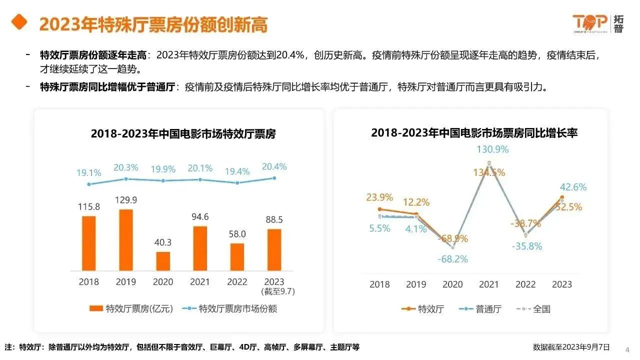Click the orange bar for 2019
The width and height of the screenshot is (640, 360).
[x=126, y=240]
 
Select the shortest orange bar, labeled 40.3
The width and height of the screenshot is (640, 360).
[x=163, y=261]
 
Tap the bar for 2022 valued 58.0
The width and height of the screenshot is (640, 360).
[x=237, y=257]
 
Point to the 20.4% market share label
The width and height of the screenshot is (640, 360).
[x=274, y=167]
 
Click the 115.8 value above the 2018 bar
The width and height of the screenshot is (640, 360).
[x=88, y=206]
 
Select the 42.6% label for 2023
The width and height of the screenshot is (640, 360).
[x=573, y=187]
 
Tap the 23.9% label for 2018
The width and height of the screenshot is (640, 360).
[x=379, y=197]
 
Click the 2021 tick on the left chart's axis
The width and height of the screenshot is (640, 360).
[x=200, y=282]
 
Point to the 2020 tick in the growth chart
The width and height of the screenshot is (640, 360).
[x=452, y=284]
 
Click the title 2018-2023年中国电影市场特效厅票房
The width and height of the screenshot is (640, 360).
[x=183, y=134]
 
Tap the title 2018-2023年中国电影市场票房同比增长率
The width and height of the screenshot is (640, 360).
[x=474, y=133]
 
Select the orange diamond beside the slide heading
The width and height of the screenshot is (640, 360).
[x=19, y=22]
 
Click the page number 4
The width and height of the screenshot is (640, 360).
[x=627, y=349]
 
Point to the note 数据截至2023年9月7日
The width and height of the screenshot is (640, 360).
[x=571, y=347]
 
